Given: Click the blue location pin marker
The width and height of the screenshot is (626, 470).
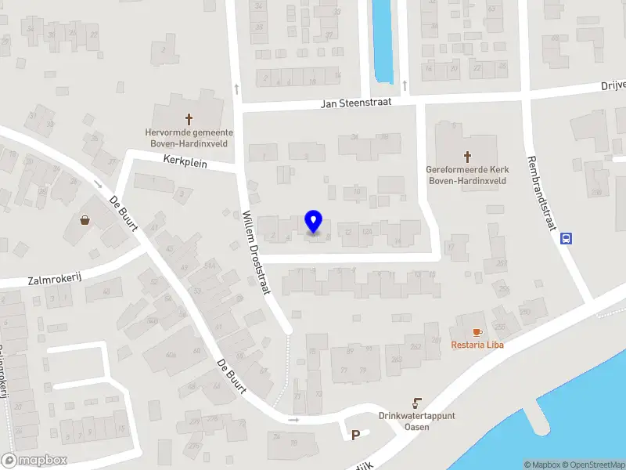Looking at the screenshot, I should (x=313, y=222).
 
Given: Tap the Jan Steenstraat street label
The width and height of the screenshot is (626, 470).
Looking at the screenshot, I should (x=356, y=103).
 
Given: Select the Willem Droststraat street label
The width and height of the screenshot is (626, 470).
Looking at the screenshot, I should (x=257, y=252).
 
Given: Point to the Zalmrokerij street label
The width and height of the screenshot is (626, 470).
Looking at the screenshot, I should (x=55, y=279).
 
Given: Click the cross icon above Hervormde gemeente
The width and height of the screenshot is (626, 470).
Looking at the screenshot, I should (x=189, y=119).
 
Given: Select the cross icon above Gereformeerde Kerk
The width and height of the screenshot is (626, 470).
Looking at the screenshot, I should (x=468, y=156).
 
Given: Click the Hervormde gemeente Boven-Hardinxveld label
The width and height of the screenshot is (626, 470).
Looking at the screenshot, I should (x=189, y=137).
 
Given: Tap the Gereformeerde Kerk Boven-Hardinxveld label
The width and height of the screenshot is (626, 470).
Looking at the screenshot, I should (x=466, y=175).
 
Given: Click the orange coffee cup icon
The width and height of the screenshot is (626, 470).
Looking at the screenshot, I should (x=477, y=332).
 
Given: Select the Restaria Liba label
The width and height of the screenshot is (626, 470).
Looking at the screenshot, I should (x=477, y=345).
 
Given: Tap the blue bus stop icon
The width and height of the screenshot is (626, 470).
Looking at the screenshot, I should (x=567, y=239).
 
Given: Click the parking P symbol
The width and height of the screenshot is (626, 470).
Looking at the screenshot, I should (x=355, y=436).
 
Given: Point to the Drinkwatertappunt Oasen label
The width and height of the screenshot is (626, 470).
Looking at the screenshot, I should (x=416, y=421).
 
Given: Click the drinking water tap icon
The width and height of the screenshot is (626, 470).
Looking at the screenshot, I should (x=417, y=404).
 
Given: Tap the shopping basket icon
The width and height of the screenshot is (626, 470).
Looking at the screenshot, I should (x=85, y=220).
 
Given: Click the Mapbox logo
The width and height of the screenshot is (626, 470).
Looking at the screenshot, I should (x=34, y=461).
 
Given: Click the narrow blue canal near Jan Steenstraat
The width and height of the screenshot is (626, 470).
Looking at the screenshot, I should (x=383, y=39).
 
